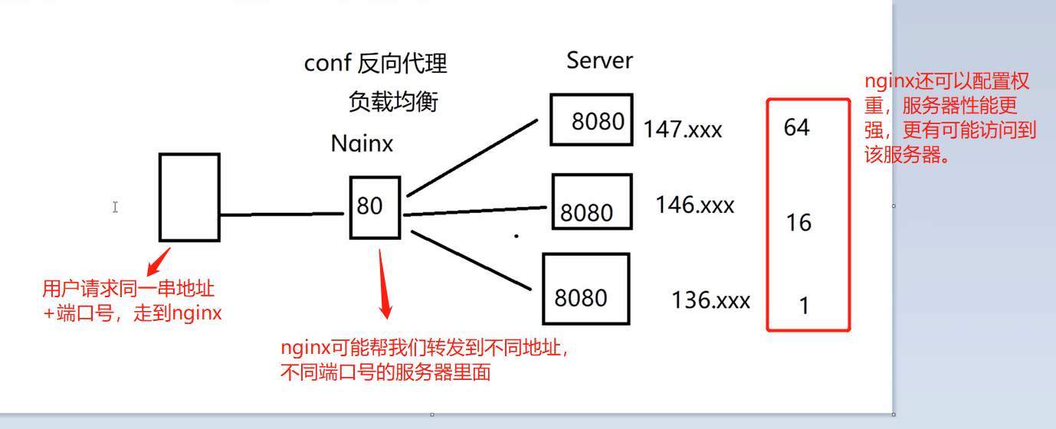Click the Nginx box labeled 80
coord(375,207)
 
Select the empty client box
coord(189,197)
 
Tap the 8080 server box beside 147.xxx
coord(591,120)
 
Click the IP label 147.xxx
coord(682,129)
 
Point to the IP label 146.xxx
coord(694,205)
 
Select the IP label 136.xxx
coord(710,300)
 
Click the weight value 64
coord(796,127)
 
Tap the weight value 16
coord(799,223)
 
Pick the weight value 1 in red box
coord(804,306)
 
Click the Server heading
coord(600,61)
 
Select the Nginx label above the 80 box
coord(362,143)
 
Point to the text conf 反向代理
coord(376,64)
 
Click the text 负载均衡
coord(393,101)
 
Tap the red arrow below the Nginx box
coord(385,287)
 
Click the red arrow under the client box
coord(159,261)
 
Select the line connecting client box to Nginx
coord(281,215)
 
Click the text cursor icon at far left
coord(115,207)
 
